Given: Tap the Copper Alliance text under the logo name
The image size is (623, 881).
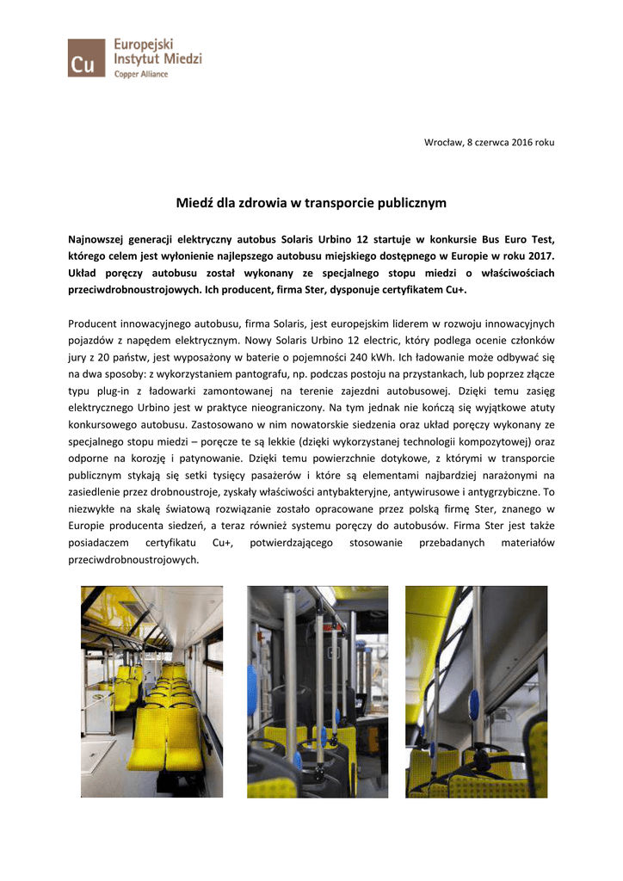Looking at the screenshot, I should [142, 75].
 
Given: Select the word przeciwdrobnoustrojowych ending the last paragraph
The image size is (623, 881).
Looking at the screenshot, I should [133, 560].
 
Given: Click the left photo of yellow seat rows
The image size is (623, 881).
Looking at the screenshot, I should [151, 692].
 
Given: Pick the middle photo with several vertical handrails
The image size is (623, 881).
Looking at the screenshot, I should [318, 692].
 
